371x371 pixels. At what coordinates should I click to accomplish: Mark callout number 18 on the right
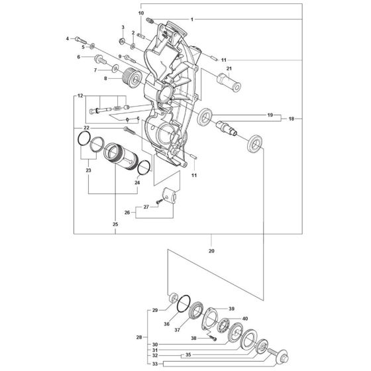point(291,119)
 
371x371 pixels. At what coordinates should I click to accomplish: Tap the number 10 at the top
point(140,13)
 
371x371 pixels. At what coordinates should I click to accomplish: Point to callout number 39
point(232,309)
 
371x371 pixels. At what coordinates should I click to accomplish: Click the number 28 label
point(139,338)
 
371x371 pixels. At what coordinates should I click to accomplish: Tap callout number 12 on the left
point(80,96)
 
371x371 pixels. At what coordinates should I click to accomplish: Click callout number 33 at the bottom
point(154,364)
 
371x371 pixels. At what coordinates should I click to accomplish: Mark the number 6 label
point(79,58)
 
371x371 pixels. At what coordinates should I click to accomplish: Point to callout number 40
point(245,319)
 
